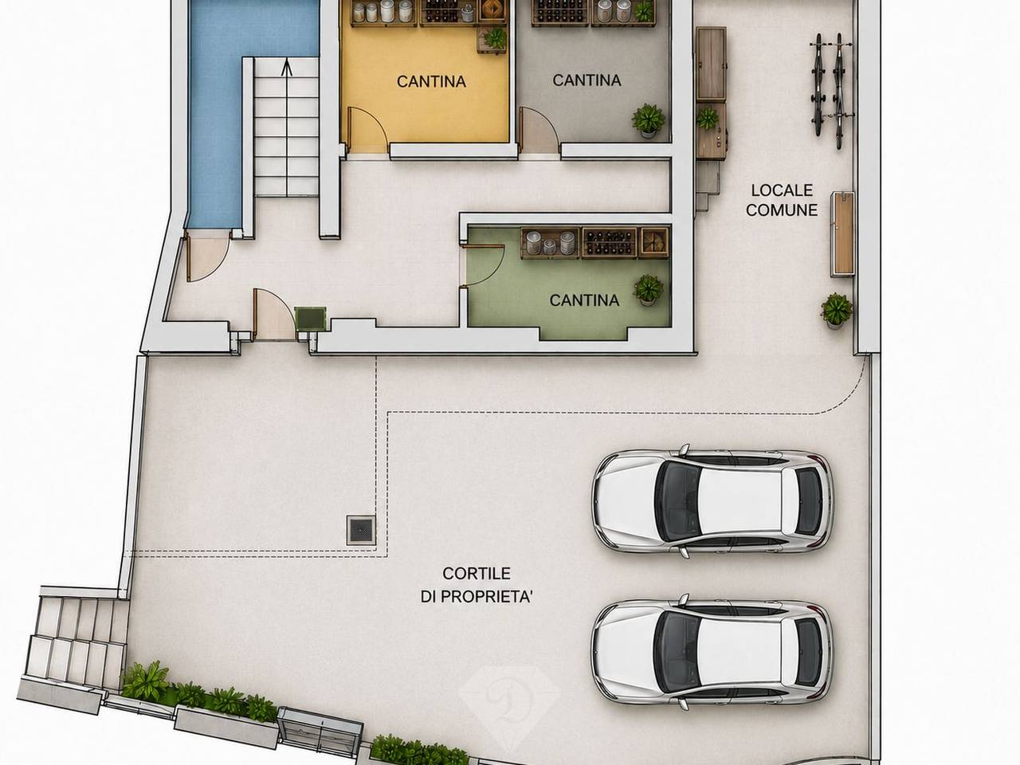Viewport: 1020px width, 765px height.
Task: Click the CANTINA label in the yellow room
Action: [431, 82]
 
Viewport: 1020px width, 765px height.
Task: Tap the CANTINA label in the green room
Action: [584, 300]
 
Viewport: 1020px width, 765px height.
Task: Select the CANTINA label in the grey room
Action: [587, 80]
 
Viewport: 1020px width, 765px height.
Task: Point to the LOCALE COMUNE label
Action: [782, 200]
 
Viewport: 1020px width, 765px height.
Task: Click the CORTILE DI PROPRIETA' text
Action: [477, 585]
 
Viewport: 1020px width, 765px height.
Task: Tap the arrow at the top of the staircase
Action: [287, 67]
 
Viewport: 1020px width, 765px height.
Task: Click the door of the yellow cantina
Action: [367, 129]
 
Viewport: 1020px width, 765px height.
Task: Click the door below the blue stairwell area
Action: [208, 257]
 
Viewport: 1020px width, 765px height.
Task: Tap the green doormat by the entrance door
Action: [311, 319]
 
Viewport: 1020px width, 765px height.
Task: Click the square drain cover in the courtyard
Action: [361, 530]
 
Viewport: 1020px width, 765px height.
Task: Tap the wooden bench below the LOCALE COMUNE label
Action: [842, 234]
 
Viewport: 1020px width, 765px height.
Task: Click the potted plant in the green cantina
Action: [648, 290]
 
